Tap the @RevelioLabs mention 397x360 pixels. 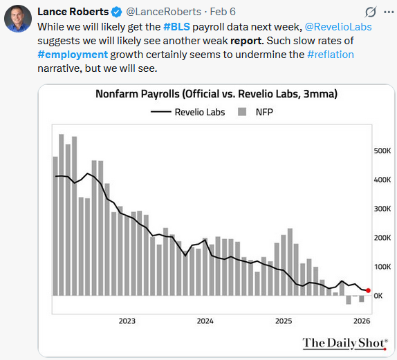coord(337,26)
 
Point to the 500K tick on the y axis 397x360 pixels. coord(382,150)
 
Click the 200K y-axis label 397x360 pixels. coord(382,237)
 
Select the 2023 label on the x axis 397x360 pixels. coord(127,321)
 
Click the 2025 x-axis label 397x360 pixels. coord(284,321)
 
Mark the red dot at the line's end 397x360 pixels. coord(368,291)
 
